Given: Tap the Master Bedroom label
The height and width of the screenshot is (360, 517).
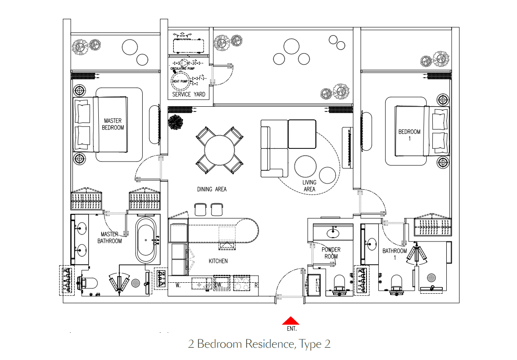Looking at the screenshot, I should [113, 124].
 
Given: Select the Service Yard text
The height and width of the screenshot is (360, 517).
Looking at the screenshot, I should [188, 94].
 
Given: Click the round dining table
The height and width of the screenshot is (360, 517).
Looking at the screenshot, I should [219, 150].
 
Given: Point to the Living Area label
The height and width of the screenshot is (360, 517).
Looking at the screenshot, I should [309, 186].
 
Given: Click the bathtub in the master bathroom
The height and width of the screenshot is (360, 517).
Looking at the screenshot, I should [145, 240].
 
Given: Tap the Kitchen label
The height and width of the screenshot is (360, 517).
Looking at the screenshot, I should [218, 261].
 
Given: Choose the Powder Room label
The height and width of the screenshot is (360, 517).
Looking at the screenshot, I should [331, 253].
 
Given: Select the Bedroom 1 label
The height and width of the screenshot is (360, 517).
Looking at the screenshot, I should [409, 135].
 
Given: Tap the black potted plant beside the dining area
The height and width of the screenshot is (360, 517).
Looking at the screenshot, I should [176, 122].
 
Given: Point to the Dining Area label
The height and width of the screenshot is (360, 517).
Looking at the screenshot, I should [212, 189].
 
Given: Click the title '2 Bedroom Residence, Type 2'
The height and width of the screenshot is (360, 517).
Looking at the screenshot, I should [259, 344].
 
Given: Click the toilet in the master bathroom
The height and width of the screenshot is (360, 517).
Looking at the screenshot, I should [87, 282].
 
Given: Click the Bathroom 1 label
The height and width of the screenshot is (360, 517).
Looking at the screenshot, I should [395, 254].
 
